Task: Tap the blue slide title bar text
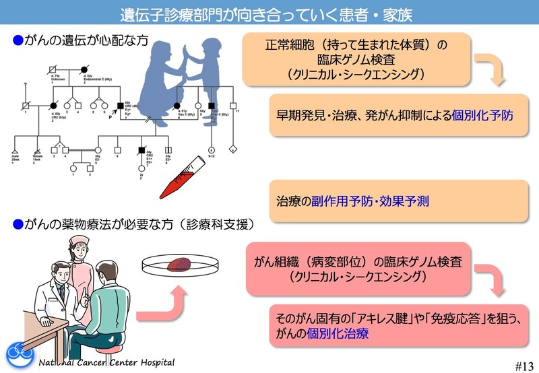[269, 13]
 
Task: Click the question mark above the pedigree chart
[25, 85]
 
